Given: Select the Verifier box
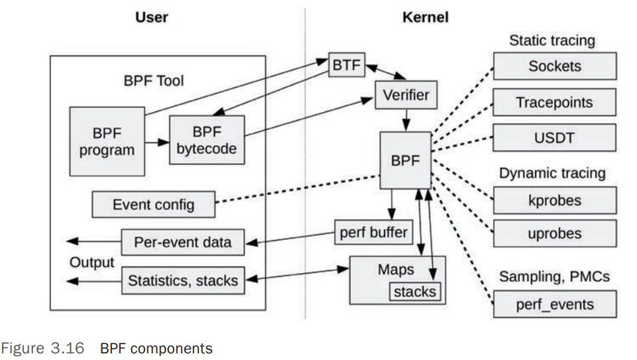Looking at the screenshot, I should [406, 95].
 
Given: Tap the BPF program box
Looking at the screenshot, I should [107, 141].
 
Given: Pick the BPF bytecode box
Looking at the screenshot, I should [206, 140].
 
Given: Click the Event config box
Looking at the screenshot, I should [154, 204].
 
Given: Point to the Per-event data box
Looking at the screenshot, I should [183, 242].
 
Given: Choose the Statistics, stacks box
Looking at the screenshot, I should [183, 280].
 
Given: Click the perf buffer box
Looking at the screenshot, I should [373, 233].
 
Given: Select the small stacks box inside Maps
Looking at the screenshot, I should [415, 291].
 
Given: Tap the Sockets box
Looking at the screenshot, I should [555, 66].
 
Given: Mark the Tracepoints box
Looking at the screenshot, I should [555, 103].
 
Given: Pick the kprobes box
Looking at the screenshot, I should [555, 200].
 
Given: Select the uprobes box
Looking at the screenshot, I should [555, 234].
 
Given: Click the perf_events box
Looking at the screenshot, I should [555, 305].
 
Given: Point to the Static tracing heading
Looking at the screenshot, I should [551, 40].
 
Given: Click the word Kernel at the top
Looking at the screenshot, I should [425, 17].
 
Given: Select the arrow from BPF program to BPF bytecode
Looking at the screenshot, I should [157, 142].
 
